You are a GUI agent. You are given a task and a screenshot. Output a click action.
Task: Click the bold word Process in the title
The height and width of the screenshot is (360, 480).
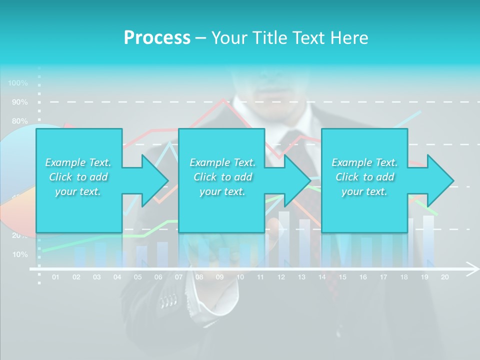157,38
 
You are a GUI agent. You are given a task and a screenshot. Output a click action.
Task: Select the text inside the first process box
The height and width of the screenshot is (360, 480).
78,177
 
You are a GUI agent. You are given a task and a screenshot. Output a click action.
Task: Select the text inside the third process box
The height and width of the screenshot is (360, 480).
364,177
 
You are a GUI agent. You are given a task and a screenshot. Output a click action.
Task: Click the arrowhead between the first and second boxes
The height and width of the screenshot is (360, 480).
154,180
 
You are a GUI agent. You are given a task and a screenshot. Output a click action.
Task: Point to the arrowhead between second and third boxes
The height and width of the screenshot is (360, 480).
297,180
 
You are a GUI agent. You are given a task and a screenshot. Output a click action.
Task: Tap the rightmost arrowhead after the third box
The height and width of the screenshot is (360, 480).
440,180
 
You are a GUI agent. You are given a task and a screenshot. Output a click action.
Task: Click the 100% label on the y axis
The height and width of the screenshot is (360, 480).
18,83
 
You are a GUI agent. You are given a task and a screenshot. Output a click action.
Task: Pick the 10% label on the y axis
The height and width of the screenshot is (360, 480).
20,254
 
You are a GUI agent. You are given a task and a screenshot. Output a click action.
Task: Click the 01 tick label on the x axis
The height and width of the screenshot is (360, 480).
55,277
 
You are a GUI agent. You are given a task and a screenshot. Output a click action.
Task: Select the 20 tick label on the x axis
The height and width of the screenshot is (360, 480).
444,277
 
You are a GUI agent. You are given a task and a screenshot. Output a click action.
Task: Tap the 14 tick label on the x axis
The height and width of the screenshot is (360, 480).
322,277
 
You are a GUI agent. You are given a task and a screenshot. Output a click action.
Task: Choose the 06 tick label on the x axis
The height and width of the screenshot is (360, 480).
158,277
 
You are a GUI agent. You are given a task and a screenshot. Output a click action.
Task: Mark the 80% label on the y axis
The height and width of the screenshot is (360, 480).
20,121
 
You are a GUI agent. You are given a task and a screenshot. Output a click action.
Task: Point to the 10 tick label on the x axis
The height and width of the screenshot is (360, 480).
240,277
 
